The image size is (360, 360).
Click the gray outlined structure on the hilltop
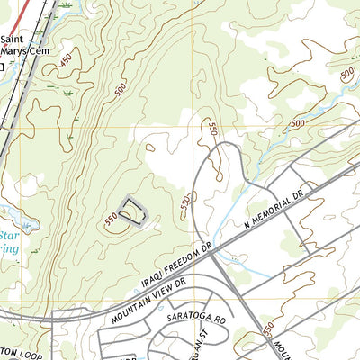click(132, 209)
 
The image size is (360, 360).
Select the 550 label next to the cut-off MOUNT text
click(268, 331)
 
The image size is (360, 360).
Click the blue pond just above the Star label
click(7, 218)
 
